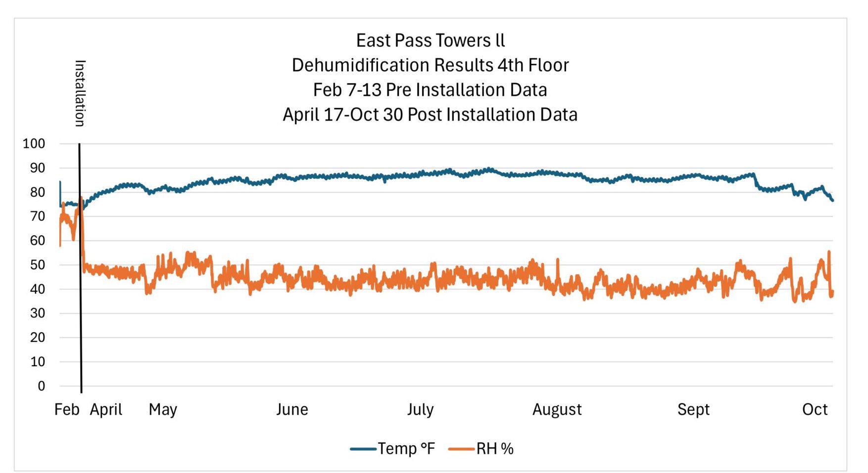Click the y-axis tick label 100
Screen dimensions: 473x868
[34, 144]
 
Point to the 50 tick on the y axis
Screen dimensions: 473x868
[38, 265]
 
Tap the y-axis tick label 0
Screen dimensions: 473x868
[41, 386]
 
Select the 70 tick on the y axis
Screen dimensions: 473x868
[38, 216]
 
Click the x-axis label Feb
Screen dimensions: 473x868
[67, 410]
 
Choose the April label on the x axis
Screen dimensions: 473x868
[106, 410]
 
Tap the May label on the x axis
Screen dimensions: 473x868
[163, 410]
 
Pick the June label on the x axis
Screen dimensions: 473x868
[292, 410]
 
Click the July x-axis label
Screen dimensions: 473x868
[420, 410]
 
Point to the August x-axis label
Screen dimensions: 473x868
[557, 410]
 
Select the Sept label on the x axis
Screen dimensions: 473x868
[693, 410]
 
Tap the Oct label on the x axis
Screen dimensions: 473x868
[815, 410]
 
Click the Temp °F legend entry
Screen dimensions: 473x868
[406, 449]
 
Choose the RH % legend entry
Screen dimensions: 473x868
[494, 449]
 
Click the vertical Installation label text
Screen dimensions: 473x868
[80, 93]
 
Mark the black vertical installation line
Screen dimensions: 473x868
[80, 297]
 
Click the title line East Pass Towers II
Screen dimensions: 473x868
[430, 41]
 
